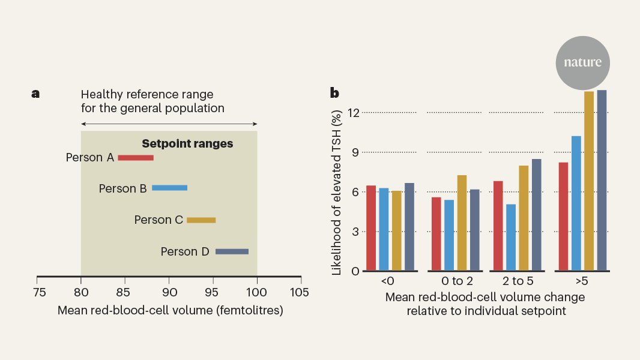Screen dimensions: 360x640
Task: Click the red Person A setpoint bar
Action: (x=136, y=158)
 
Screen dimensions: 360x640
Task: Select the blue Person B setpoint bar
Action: (x=169, y=188)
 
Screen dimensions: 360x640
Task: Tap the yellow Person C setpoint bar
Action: (x=201, y=220)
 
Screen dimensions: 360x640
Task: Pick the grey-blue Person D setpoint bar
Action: (x=232, y=251)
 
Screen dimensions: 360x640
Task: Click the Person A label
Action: (x=90, y=158)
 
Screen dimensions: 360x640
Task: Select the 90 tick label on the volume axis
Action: (x=169, y=293)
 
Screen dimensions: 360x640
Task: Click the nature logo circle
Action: (x=582, y=62)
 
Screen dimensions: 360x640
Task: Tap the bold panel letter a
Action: (x=35, y=94)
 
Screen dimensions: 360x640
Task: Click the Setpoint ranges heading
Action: (x=187, y=144)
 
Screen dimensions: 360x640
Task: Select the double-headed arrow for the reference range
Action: (x=169, y=124)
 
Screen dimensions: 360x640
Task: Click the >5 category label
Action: (x=582, y=281)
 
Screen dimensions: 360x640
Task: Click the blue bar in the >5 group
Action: (x=576, y=203)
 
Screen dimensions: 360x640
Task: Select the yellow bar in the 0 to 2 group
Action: (x=462, y=223)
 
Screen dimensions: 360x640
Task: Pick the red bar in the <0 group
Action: (x=371, y=228)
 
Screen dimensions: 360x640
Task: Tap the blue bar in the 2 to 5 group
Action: (x=511, y=238)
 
